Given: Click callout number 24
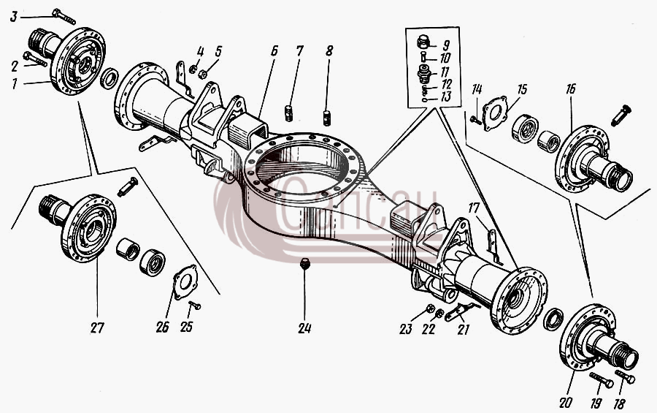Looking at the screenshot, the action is (304, 328).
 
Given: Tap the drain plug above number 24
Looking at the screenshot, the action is (304, 265).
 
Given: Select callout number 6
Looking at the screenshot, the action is (274, 51).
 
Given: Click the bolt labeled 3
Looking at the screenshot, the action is (64, 16).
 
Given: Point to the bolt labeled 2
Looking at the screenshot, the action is (35, 60).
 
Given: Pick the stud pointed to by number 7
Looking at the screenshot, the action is (288, 113).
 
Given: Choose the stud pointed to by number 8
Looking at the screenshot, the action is (326, 117).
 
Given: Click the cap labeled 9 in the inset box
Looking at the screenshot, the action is (424, 42).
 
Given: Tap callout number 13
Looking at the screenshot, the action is (446, 97).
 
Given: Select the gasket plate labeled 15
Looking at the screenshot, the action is (495, 113).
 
